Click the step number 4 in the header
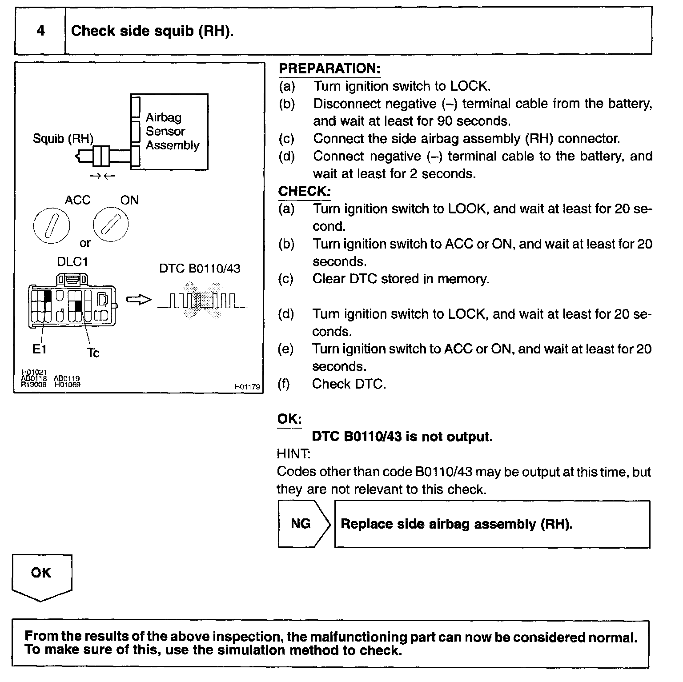40,31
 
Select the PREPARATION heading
329,69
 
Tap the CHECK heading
304,192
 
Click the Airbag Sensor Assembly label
172,131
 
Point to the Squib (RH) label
63,139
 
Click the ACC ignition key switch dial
52,225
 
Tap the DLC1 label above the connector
72,262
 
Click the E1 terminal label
39,349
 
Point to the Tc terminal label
93,353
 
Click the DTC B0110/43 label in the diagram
200,269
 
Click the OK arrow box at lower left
41,576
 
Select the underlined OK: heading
289,419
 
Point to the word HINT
293,454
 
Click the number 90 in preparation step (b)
445,121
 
